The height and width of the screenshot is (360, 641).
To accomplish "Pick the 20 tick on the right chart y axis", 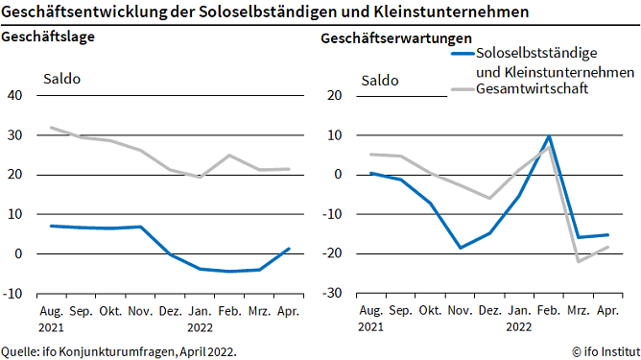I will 335,95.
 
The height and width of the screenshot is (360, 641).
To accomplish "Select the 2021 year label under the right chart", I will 371,326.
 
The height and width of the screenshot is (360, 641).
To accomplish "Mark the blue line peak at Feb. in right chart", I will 548,136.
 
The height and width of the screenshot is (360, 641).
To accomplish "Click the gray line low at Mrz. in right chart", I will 578,261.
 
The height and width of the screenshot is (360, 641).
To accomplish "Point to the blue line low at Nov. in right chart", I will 460,248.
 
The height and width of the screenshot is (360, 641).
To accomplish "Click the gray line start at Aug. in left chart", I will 51,128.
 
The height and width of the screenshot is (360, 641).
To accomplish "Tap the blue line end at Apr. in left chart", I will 289,249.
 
